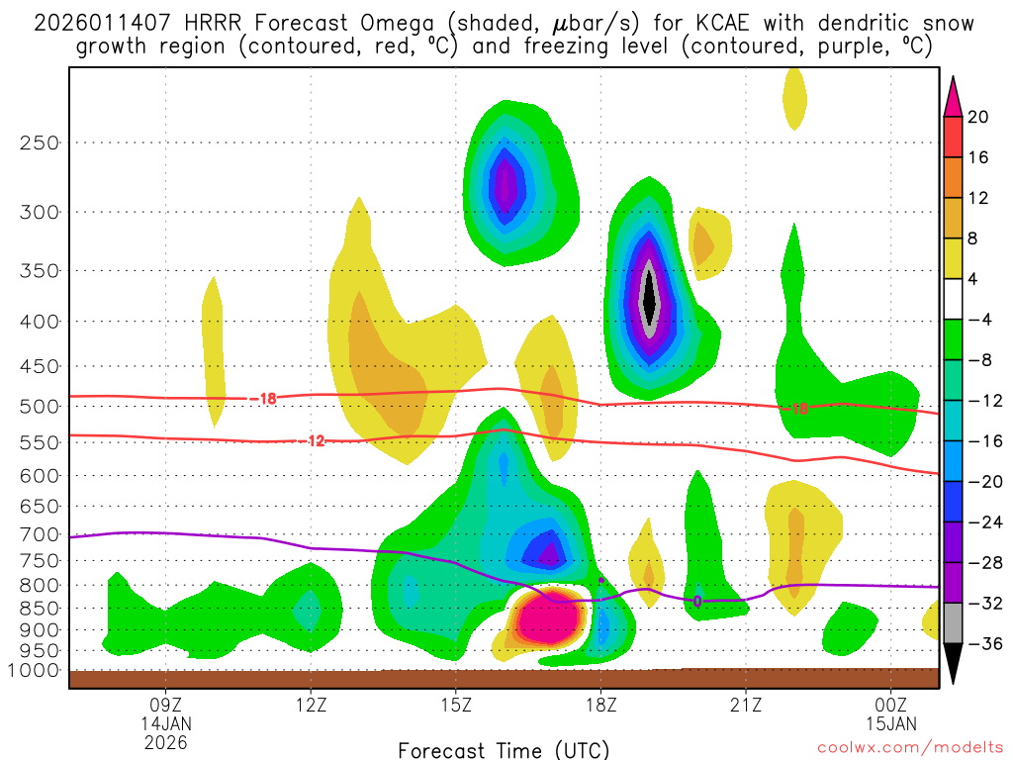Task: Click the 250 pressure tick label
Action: point(39,142)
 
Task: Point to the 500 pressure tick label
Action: point(39,406)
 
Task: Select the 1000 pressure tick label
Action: point(33,670)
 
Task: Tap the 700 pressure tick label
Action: point(39,534)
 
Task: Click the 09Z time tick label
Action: point(164,705)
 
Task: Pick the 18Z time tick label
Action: point(600,705)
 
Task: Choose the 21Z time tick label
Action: point(746,705)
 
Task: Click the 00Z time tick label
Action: point(891,705)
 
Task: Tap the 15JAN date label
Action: point(891,723)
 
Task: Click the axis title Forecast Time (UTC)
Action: point(504,749)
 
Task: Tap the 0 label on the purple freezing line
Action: point(697,601)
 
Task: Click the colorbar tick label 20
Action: point(978,117)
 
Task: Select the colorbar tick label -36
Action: point(981,643)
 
